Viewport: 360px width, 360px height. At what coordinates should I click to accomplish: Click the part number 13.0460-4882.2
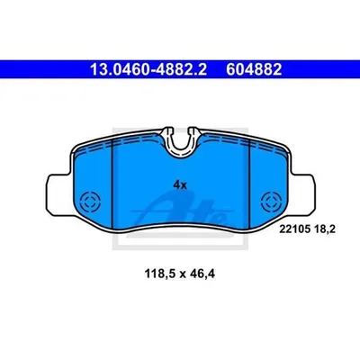click(148, 69)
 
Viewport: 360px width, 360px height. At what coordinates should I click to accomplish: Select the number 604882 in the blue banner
click(254, 69)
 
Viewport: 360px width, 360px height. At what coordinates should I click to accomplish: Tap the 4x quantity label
click(180, 185)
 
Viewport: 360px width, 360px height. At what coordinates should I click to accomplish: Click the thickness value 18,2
click(325, 229)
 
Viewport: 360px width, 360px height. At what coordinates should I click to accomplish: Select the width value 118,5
click(160, 274)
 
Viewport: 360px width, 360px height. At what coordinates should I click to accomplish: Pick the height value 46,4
click(202, 274)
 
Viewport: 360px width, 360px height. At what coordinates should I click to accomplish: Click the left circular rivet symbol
click(90, 202)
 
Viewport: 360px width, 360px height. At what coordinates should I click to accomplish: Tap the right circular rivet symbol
click(271, 202)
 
